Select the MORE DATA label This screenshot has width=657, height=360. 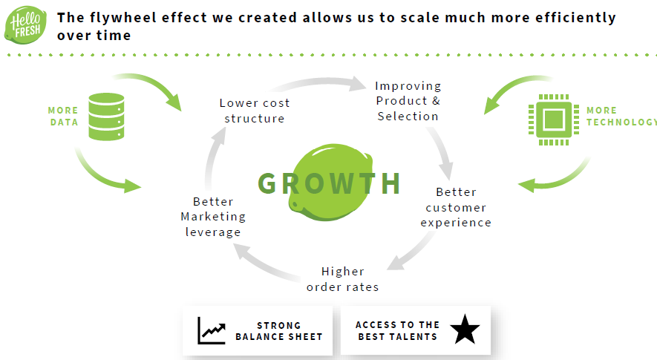point(64,117)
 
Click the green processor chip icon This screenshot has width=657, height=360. point(553,118)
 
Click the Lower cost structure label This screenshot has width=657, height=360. point(255,111)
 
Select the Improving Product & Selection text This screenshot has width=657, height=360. point(408,101)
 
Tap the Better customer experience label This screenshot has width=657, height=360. point(456,207)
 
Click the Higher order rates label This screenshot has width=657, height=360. point(342,279)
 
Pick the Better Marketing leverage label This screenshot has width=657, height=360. point(213,217)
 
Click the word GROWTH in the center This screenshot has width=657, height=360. point(330,183)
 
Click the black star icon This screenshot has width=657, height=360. point(465,330)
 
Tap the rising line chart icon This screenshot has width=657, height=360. point(212,330)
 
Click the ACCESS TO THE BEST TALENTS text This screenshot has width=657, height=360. point(397,331)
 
